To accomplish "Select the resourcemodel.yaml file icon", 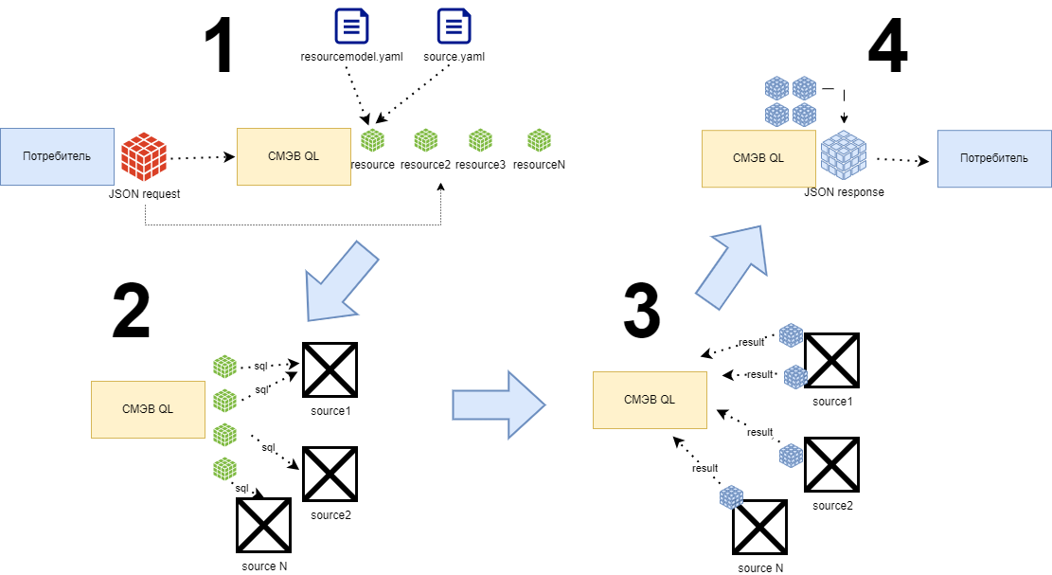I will [351, 26].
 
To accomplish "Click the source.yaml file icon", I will [455, 26].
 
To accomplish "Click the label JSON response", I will [844, 192].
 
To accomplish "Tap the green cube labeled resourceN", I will [540, 140].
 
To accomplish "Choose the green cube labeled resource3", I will [481, 140].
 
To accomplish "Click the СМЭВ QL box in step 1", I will [294, 156].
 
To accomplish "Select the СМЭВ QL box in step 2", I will [148, 409].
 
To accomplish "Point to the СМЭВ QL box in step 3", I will [650, 400].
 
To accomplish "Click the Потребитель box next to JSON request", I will [58, 155].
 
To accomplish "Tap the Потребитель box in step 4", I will [993, 158].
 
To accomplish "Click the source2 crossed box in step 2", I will [330, 475].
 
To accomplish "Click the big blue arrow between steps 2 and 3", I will [498, 404].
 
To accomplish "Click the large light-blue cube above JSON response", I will [843, 156].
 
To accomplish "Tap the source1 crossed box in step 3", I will [831, 361].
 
